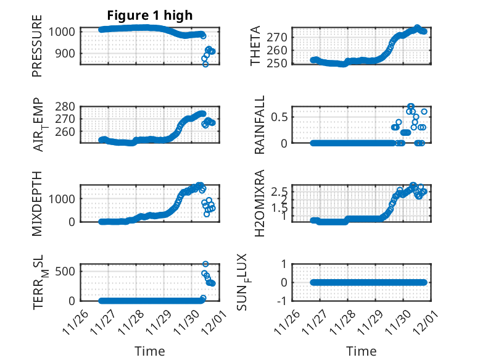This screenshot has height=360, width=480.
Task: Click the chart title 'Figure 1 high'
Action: (149, 15)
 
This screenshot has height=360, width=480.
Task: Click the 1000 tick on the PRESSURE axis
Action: (64, 31)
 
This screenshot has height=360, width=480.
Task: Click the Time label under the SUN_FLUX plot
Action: (361, 351)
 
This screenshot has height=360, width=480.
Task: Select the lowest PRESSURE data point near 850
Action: (205, 64)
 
